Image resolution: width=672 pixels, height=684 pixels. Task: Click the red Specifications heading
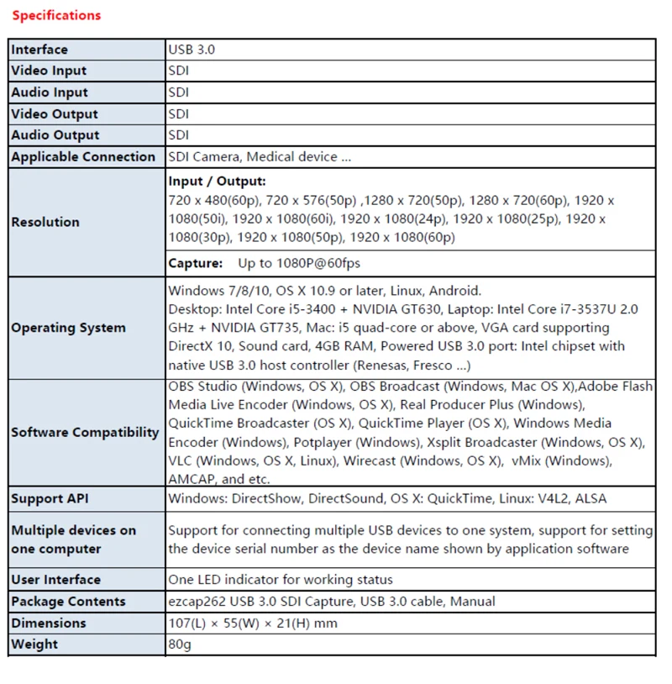pos(56,15)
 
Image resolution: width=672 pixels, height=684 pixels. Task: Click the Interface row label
pos(39,50)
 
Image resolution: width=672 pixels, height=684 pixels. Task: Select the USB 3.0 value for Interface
pos(192,50)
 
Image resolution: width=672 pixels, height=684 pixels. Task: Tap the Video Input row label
pos(49,71)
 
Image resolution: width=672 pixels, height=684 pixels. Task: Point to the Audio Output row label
pos(55,135)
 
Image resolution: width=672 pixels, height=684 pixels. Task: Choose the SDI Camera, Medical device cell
pos(260,157)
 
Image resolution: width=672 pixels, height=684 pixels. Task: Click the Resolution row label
pos(45,222)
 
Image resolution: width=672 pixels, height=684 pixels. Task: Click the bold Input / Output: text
pos(217,182)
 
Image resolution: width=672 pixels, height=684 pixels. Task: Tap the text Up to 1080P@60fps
pos(299,263)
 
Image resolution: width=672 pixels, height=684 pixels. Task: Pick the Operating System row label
pos(68,328)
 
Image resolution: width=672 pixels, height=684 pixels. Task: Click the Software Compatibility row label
pos(85,433)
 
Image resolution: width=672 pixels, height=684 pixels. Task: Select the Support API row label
pos(50,499)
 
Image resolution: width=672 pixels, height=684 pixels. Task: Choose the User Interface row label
pos(55,580)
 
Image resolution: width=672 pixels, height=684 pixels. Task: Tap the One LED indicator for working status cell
pos(281,580)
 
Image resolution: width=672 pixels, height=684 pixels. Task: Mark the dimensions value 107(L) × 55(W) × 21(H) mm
pos(252,623)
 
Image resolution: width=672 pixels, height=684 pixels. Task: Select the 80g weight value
pos(181,645)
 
